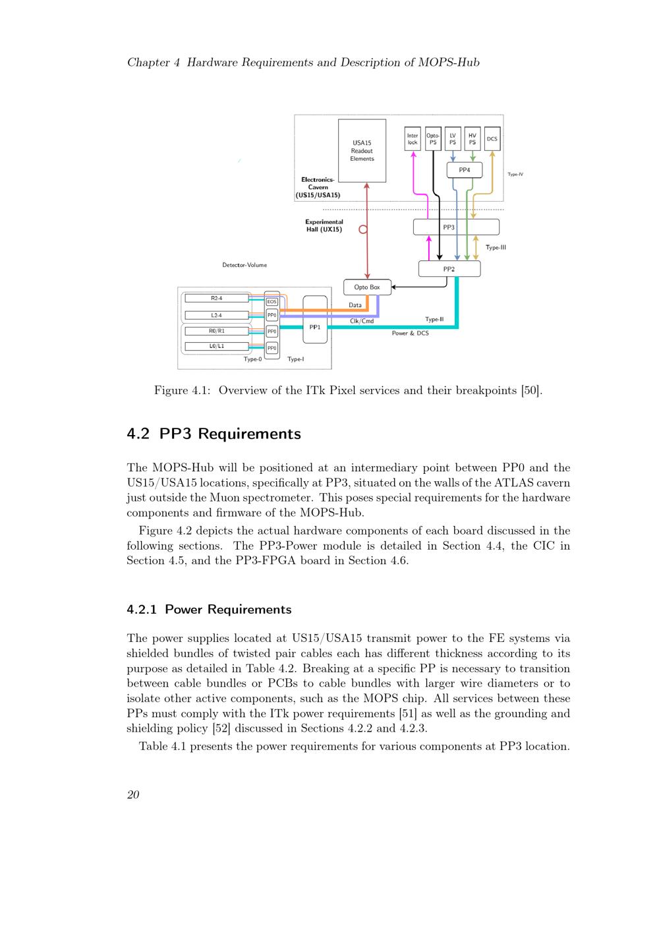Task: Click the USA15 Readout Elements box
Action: point(362,150)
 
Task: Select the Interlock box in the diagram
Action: point(413,139)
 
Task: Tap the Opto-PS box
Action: point(433,139)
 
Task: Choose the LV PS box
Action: point(453,139)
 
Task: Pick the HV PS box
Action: point(473,139)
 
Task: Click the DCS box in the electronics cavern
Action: point(492,139)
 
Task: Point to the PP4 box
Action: point(465,170)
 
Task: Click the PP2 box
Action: point(449,269)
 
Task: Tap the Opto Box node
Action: point(367,287)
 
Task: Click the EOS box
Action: point(272,302)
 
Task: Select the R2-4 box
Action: point(216,299)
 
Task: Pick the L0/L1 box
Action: point(216,346)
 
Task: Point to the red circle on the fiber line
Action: point(362,229)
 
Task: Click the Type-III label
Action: point(496,248)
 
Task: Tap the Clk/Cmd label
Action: point(362,321)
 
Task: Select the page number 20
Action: point(133,795)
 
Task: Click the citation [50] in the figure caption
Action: point(530,390)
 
